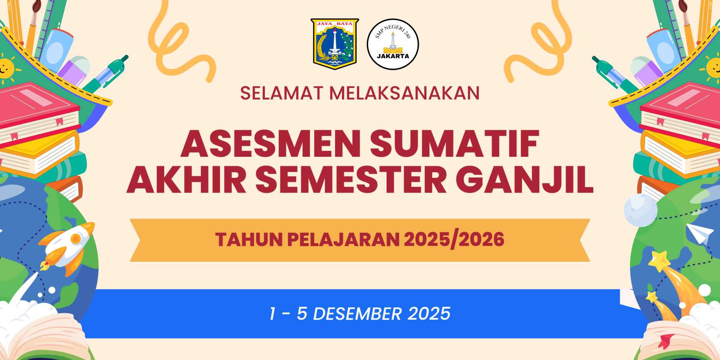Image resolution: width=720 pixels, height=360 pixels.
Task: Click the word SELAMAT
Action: click(282, 93)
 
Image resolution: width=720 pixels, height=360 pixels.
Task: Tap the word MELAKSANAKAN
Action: click(405, 93)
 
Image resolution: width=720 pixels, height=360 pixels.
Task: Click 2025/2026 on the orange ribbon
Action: click(454, 240)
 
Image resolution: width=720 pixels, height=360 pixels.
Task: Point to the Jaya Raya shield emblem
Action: click(335, 44)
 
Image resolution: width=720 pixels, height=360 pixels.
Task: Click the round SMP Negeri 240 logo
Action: click(393, 44)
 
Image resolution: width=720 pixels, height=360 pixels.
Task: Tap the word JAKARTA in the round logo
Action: click(393, 56)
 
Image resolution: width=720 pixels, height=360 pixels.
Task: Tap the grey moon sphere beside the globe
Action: click(641, 210)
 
